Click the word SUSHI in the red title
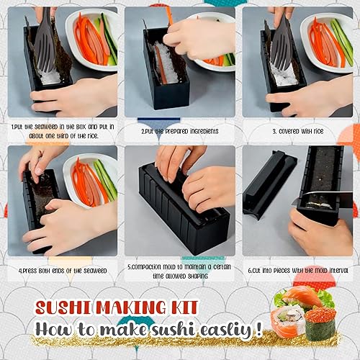pyautogui.click(x=63, y=307)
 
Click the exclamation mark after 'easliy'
pyautogui.click(x=258, y=329)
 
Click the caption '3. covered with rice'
pyautogui.click(x=298, y=131)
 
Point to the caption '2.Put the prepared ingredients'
pyautogui.click(x=180, y=131)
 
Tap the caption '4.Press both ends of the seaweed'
pyautogui.click(x=63, y=271)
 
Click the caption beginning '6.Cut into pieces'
pyautogui.click(x=298, y=271)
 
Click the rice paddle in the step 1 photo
pyautogui.click(x=45, y=41)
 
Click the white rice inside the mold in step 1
pyautogui.click(x=50, y=77)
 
